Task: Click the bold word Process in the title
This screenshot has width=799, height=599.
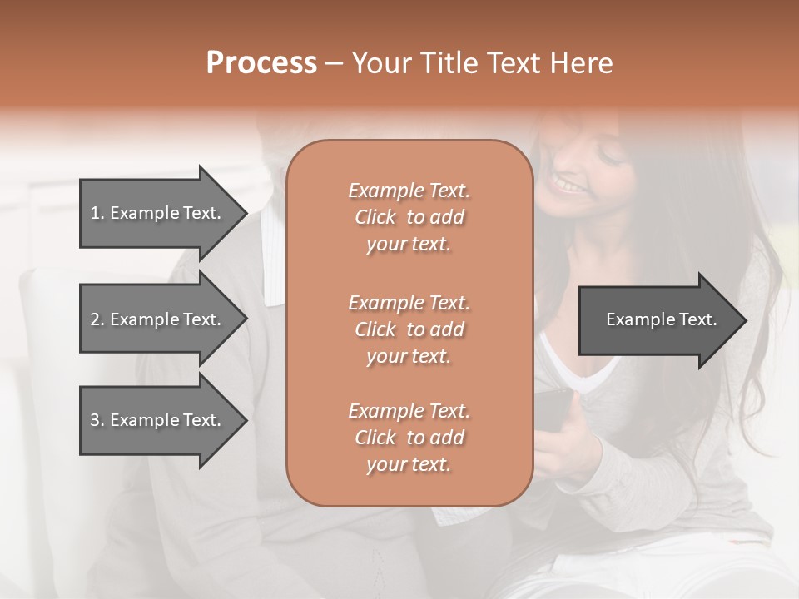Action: pos(261,63)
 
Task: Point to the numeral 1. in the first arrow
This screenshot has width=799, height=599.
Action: pos(97,213)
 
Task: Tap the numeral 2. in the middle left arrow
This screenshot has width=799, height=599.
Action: pos(97,319)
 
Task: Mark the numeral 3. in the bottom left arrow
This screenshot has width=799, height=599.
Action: pos(97,420)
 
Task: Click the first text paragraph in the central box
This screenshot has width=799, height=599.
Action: pos(409,217)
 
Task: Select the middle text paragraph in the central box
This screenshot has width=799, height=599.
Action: pos(409,329)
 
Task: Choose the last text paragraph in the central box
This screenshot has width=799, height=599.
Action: pos(409,438)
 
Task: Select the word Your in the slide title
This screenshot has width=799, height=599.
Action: pos(381,63)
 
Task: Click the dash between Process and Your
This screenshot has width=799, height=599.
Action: pos(334,63)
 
